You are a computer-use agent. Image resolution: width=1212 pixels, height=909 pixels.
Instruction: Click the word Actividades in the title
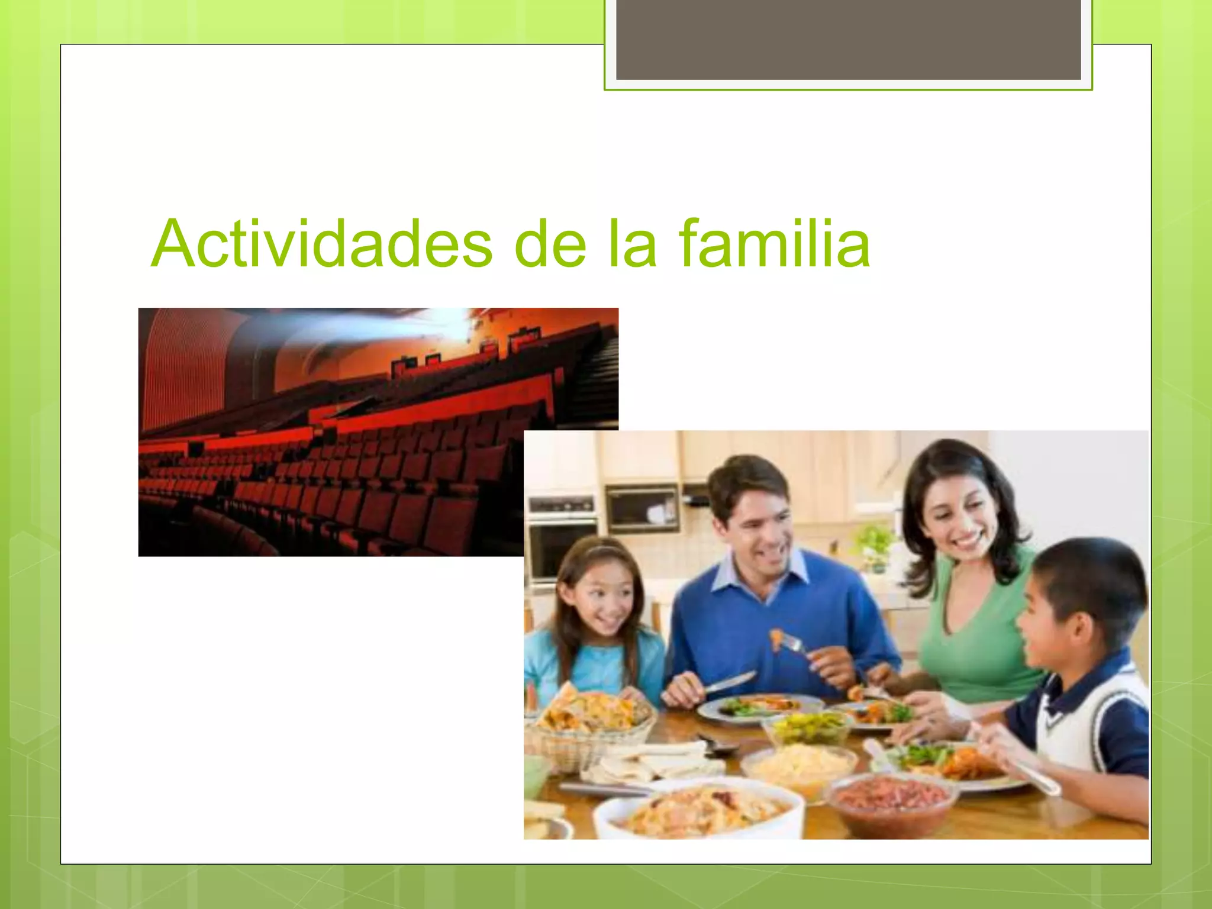tap(321, 244)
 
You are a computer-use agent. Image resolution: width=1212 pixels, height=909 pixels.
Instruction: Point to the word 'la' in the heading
tap(632, 244)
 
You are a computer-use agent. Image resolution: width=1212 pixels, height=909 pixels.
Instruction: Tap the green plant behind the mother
tap(873, 544)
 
